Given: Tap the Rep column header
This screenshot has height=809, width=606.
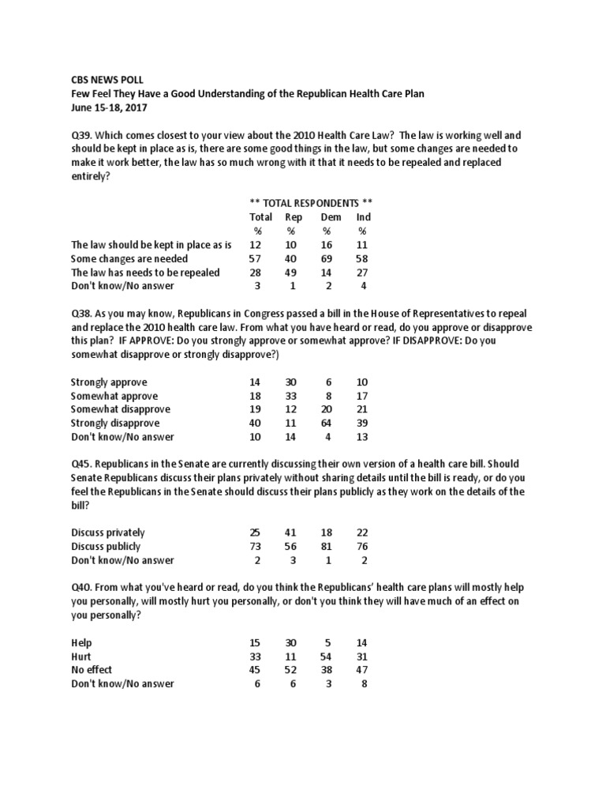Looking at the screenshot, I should point(294,217).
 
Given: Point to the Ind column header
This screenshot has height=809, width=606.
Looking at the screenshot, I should point(363,217).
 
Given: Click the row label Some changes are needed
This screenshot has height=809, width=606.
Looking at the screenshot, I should point(129,258).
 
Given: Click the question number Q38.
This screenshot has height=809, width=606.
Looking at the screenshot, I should point(81,313).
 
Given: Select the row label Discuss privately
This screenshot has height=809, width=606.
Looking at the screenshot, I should point(108,533).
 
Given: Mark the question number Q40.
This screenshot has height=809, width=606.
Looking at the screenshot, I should point(81,588).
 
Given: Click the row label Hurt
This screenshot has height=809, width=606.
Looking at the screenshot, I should point(81,657).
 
